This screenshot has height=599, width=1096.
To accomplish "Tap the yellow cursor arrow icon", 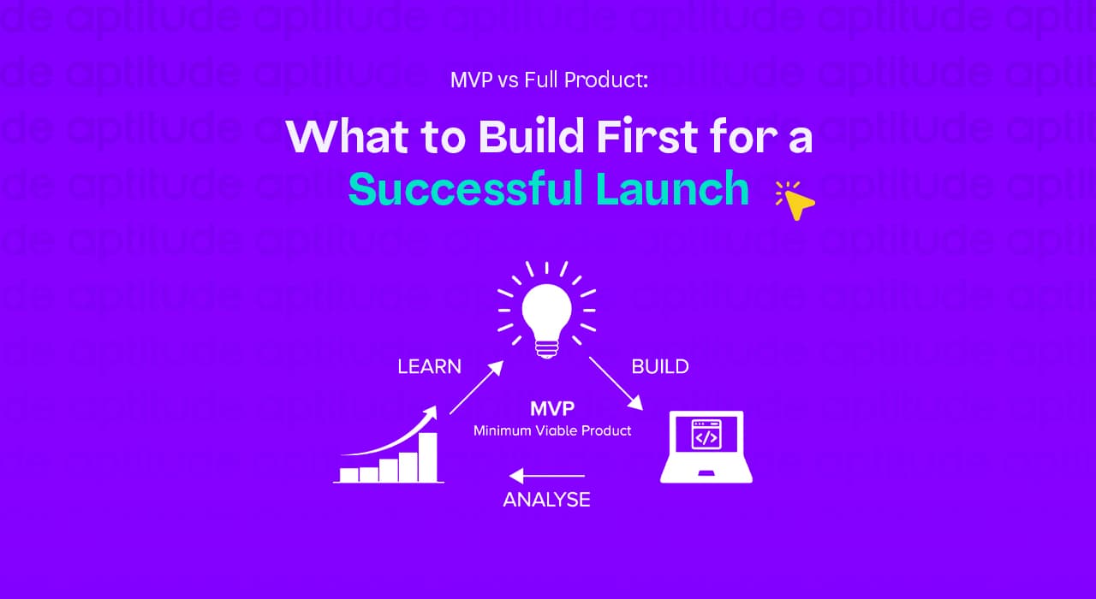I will click(x=800, y=204).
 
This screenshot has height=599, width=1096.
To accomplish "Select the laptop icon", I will click(x=706, y=447).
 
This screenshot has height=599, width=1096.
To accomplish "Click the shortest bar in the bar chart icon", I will click(x=348, y=475).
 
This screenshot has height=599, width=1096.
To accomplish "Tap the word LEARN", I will click(x=429, y=366).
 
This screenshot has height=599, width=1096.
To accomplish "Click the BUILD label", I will click(x=659, y=366).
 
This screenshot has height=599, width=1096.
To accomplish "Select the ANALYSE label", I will click(x=546, y=500).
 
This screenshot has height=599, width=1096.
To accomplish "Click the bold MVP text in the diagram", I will click(x=551, y=408).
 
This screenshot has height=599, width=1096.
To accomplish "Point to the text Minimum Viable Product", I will click(x=552, y=430).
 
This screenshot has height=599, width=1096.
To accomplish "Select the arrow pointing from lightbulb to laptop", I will click(x=615, y=382).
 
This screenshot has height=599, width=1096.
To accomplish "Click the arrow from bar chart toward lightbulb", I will click(x=476, y=388).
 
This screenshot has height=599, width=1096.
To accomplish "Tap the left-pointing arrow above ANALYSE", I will click(x=546, y=476).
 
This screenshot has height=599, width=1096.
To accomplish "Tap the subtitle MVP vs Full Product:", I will click(x=549, y=81).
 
